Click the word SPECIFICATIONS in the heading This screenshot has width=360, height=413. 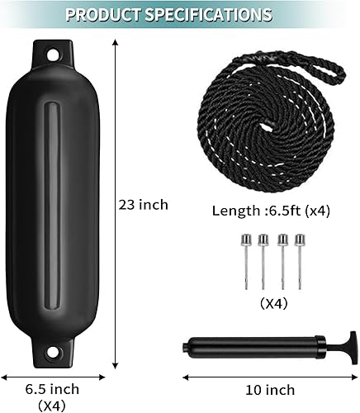(x=218, y=15)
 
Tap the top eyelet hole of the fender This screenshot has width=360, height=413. (x=54, y=55)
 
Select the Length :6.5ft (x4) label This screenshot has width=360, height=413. (x=271, y=210)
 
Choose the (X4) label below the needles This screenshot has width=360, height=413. (x=272, y=303)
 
